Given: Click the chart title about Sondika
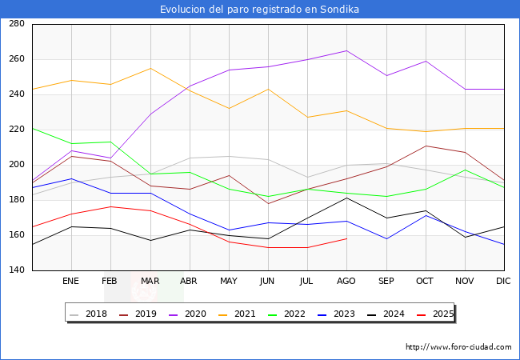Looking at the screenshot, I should point(259,10).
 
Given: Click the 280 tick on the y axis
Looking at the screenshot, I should point(16,24).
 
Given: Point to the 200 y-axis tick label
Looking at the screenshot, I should point(16,165).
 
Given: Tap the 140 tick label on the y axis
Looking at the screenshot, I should point(16,270).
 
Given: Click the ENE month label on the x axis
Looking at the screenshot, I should point(71,282).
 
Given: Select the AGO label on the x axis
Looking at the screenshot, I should point(346,282).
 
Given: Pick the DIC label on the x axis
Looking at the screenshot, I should point(503,282).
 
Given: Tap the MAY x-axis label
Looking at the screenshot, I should point(229,282).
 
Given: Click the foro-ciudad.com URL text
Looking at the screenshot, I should point(458,347).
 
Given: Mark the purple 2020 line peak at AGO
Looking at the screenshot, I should point(346,50).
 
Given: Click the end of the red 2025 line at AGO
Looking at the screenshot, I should point(346,238).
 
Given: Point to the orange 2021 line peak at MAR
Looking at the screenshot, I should point(150,68).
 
